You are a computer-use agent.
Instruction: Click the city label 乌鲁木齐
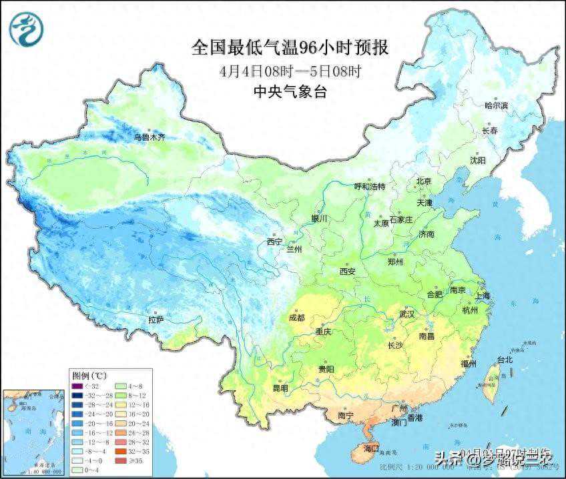(x=149, y=137)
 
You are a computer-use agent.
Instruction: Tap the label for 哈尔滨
(x=496, y=105)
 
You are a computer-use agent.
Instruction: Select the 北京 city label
(x=424, y=181)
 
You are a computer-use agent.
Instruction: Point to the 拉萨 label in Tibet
(x=156, y=320)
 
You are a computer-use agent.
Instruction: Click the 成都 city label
(x=296, y=318)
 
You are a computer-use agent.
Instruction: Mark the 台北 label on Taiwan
(x=505, y=360)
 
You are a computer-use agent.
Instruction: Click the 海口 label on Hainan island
(x=370, y=448)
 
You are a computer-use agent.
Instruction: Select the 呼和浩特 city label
(x=369, y=187)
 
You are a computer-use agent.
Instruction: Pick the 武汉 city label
(x=406, y=314)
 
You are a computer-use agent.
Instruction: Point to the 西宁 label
(x=274, y=242)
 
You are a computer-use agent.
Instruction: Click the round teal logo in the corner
(x=25, y=30)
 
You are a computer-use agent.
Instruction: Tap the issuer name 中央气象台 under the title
(x=290, y=93)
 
